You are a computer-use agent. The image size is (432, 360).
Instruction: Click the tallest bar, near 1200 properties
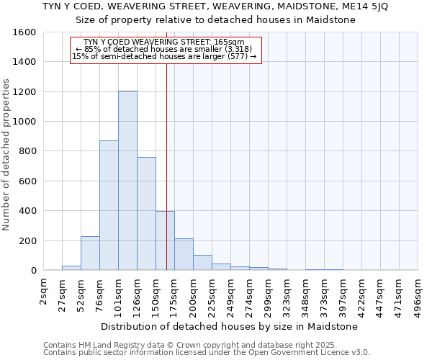tap(127, 180)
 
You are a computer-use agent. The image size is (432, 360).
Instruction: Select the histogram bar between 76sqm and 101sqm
tap(109, 205)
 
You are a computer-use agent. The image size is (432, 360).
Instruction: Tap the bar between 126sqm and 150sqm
tap(146, 213)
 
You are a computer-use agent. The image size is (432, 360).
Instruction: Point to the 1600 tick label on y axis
tap(25, 32)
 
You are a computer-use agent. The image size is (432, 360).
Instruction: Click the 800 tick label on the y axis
tap(28, 151)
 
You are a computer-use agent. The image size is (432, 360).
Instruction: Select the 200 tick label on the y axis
tap(28, 240)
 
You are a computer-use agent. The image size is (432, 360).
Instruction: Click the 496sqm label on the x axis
tap(418, 295)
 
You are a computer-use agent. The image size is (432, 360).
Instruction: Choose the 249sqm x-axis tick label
tap(231, 295)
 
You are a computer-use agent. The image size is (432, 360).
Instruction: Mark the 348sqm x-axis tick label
tap(306, 295)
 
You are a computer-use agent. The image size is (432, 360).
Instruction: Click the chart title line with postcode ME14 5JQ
tap(215, 6)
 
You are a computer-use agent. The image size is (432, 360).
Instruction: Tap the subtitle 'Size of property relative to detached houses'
tap(215, 19)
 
